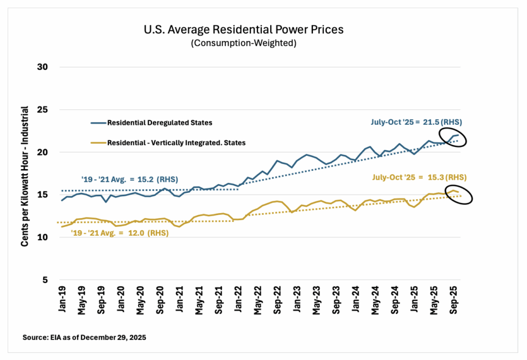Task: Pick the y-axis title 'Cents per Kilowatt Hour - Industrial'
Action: click(x=26, y=174)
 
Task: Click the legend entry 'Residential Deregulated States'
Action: click(x=159, y=123)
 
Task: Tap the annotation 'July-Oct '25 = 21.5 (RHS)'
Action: click(x=416, y=122)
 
